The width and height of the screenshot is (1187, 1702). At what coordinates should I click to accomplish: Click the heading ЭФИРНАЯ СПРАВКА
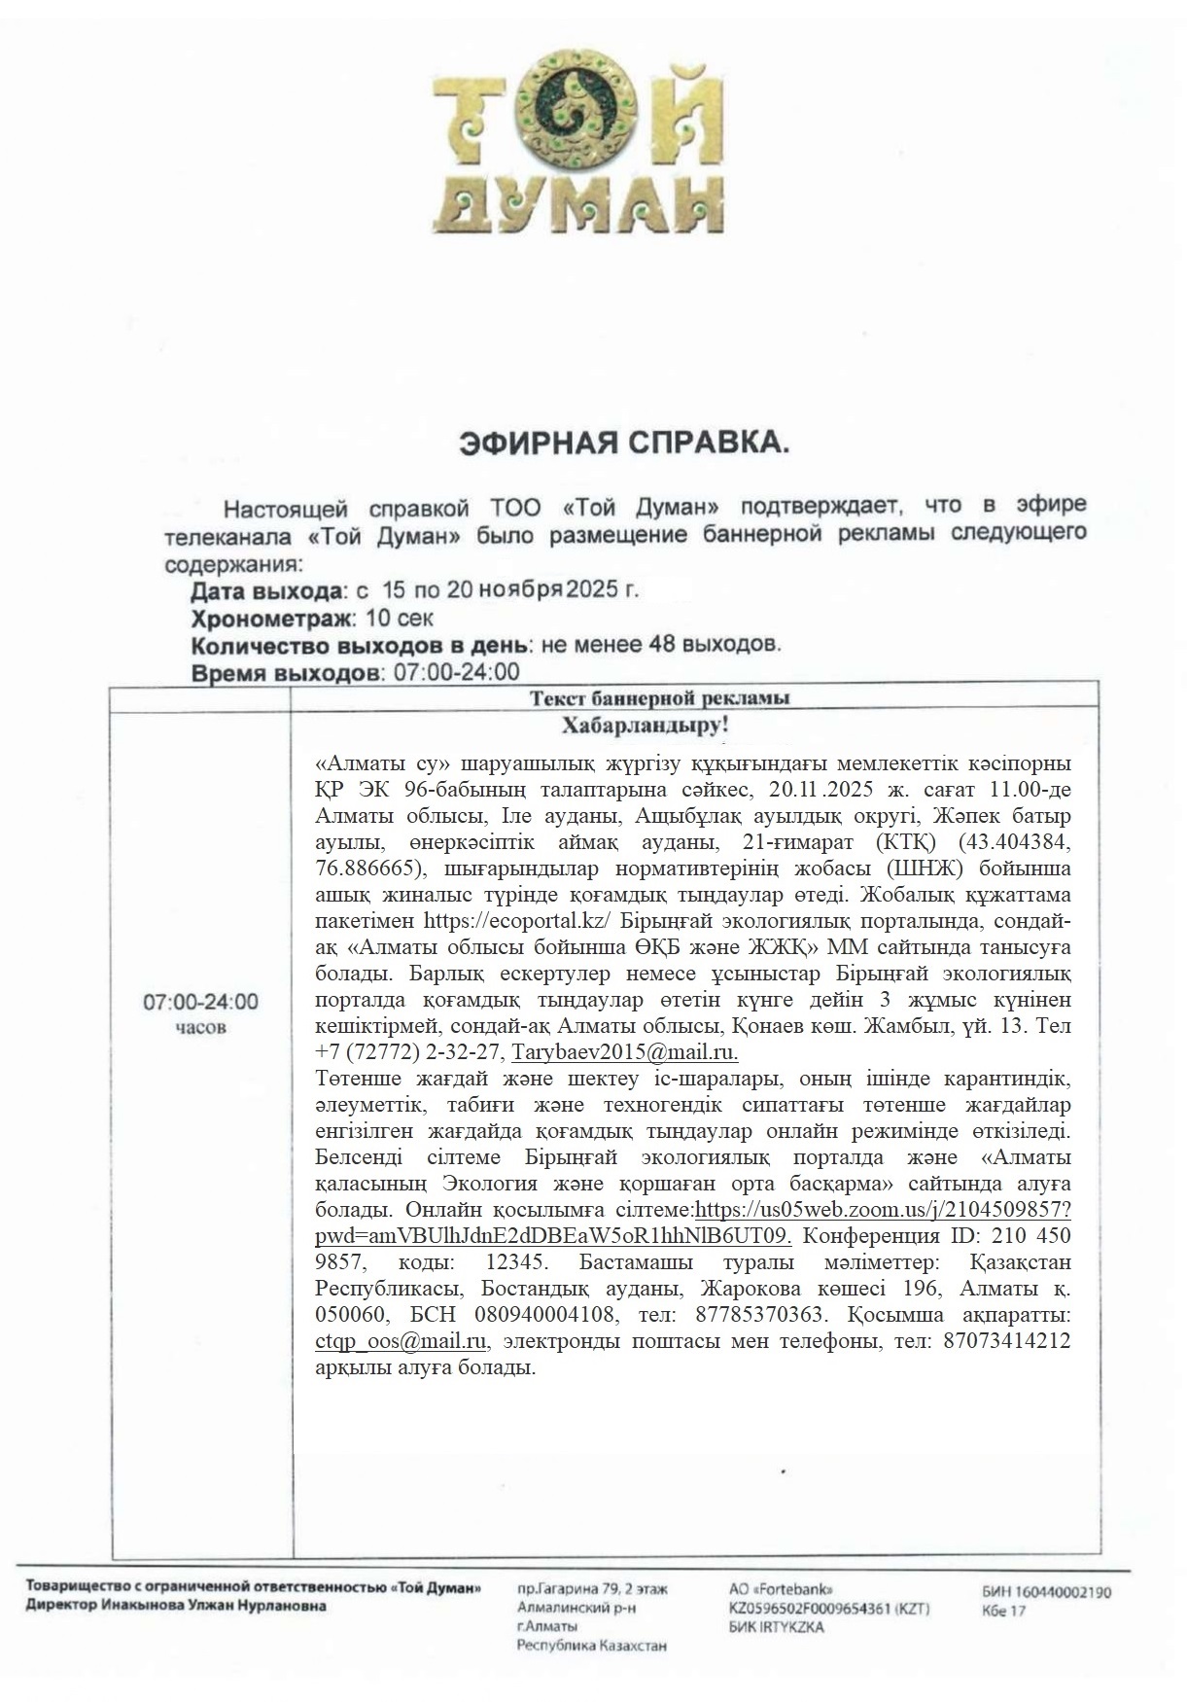623,443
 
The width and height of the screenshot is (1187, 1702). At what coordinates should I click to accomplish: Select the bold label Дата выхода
267,590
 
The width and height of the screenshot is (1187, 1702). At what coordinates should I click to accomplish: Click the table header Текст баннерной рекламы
659,697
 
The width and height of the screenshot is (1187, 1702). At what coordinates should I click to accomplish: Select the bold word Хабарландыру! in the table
646,726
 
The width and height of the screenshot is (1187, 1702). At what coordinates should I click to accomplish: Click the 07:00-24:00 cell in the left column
201,1002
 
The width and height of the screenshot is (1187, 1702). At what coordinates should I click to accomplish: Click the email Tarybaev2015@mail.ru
625,1052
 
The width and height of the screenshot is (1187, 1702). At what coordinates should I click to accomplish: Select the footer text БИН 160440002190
1046,1592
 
